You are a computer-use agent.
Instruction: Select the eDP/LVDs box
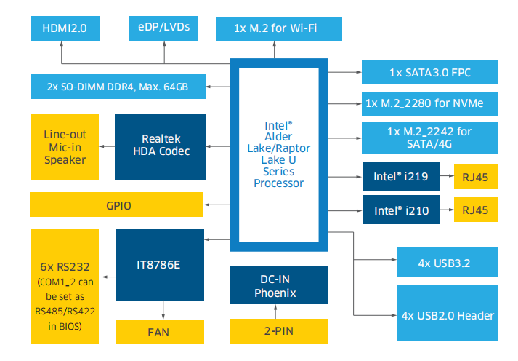pyautogui.click(x=163, y=28)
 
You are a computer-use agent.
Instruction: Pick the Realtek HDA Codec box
pyautogui.click(x=161, y=145)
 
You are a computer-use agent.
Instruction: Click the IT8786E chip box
pyautogui.click(x=161, y=265)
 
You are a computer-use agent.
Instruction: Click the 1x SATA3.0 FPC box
pyautogui.click(x=429, y=73)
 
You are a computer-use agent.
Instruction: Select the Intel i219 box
pyautogui.click(x=401, y=175)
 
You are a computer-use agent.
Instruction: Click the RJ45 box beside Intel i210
pyautogui.click(x=476, y=211)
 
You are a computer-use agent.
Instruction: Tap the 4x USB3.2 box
pyautogui.click(x=448, y=262)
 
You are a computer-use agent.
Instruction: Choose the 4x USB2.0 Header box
pyautogui.click(x=448, y=314)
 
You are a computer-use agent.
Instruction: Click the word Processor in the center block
pyautogui.click(x=278, y=183)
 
